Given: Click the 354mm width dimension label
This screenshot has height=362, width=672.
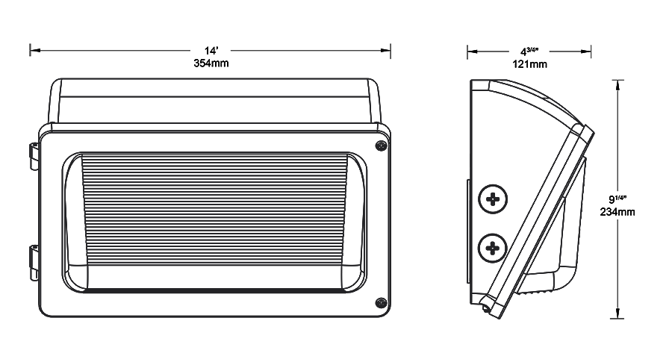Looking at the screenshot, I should pyautogui.click(x=211, y=63).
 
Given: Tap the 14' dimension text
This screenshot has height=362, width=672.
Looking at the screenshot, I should pyautogui.click(x=211, y=51).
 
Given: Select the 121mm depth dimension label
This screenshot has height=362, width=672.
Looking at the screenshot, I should pyautogui.click(x=531, y=64).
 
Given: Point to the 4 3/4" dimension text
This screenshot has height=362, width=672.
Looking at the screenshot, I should pyautogui.click(x=530, y=51).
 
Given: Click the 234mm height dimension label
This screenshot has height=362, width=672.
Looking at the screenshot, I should pyautogui.click(x=617, y=212).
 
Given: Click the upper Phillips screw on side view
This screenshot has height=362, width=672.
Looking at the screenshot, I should pyautogui.click(x=493, y=199).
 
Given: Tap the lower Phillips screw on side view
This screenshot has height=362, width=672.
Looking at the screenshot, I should pyautogui.click(x=493, y=246).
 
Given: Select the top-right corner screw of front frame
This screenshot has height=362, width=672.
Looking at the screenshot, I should pyautogui.click(x=380, y=146).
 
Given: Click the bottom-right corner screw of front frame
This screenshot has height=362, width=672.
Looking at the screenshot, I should pyautogui.click(x=380, y=302).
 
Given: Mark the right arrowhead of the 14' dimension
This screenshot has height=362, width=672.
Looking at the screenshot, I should pyautogui.click(x=387, y=51).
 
